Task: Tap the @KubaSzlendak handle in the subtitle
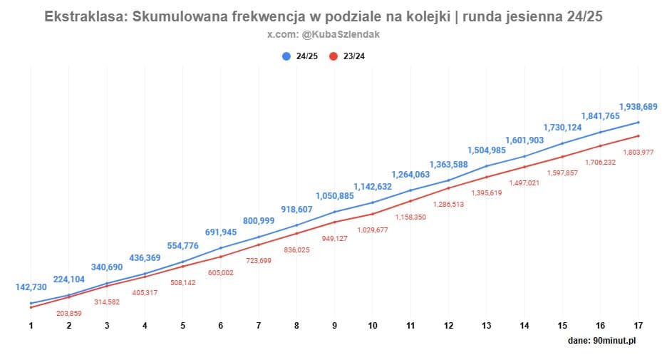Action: (345, 35)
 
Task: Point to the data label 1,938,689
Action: (638, 107)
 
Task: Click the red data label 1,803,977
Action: (638, 151)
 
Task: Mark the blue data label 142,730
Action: (31, 287)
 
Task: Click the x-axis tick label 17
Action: (638, 325)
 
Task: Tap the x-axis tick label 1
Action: (31, 325)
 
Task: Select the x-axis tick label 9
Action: (335, 325)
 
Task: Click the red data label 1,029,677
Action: (373, 230)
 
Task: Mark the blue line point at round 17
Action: (638, 122)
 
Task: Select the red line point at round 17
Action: (638, 135)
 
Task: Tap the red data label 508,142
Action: (183, 282)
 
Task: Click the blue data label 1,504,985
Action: (487, 150)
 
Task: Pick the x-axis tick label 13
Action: (487, 325)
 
